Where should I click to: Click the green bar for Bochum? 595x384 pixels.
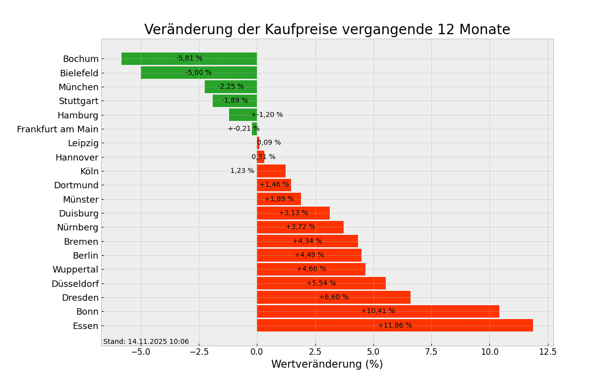(149, 58)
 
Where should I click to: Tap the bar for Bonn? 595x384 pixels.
(317, 311)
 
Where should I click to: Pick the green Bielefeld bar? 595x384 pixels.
(164, 73)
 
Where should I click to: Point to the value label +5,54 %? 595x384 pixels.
(321, 283)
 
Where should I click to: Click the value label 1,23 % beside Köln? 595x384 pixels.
(242, 171)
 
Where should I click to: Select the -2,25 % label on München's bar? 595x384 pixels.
(231, 87)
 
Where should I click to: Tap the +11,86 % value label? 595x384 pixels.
(395, 326)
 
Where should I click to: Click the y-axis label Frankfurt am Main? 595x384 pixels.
(58, 129)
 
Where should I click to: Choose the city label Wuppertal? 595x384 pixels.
(75, 270)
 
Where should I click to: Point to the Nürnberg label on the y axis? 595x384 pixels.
(77, 227)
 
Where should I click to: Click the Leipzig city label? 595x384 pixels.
(83, 143)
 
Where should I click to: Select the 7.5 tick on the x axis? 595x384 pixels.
(431, 352)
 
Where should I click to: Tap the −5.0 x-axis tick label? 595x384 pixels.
(140, 352)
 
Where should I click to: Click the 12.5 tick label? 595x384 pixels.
(547, 352)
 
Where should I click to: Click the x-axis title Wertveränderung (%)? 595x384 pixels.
(327, 365)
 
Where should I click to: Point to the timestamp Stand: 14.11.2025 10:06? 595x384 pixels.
(146, 341)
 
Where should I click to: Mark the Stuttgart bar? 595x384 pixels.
(235, 101)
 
